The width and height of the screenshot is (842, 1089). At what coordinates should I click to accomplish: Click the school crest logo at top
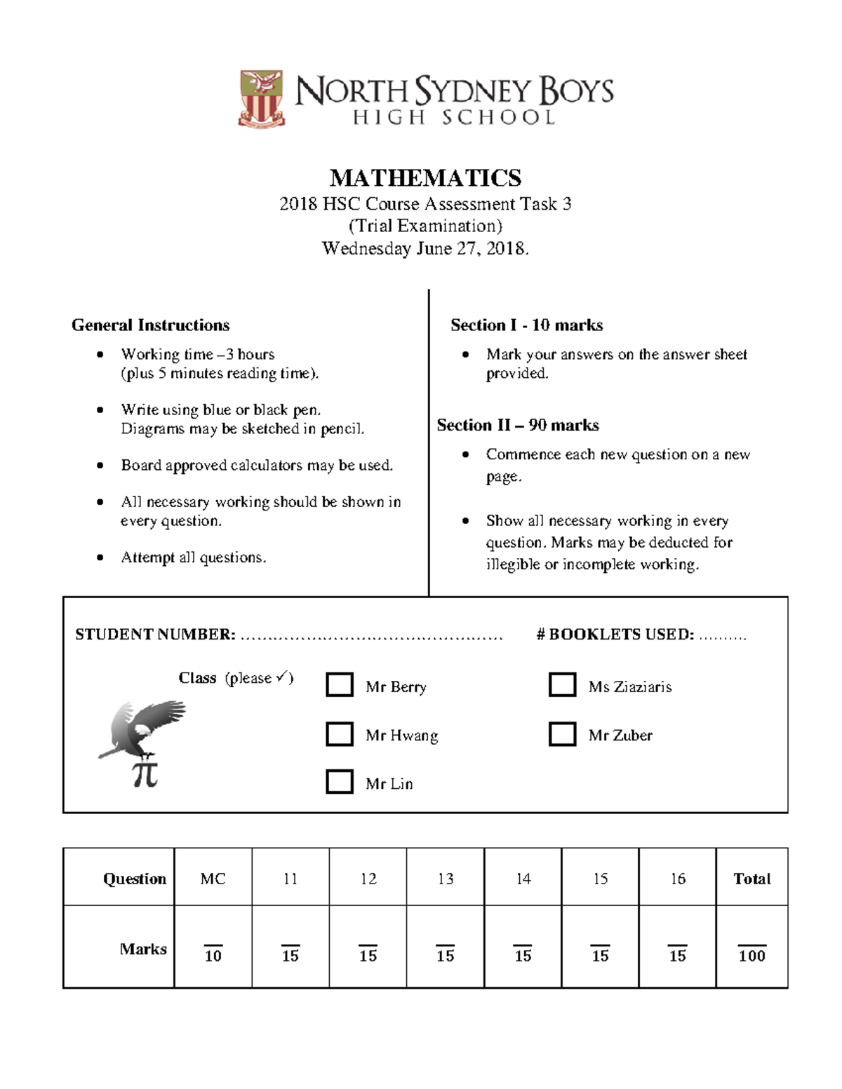pos(262,98)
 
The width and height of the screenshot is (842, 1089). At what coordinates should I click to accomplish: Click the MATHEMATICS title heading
pos(425,178)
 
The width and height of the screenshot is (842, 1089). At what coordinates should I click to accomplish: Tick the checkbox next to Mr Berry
pos(340,684)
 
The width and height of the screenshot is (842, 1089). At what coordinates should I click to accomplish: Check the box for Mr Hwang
pos(340,733)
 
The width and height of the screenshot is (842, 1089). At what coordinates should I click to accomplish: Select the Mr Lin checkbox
pos(340,781)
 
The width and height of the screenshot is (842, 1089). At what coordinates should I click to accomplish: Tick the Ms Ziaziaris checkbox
pos(562,684)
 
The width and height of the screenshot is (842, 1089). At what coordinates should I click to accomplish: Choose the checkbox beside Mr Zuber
pos(562,733)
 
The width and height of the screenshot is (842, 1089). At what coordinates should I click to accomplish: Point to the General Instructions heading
pos(150,325)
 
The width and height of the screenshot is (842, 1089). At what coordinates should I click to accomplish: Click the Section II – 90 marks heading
pos(518,426)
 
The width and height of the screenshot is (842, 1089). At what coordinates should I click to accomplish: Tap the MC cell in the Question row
pos(213,879)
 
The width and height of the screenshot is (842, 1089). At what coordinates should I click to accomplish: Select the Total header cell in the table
pos(751,879)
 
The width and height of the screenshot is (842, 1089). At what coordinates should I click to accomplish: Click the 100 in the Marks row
pos(751,955)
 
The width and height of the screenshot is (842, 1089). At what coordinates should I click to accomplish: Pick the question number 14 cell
pos(523,879)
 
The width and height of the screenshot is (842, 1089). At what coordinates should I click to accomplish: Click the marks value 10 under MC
pos(213,955)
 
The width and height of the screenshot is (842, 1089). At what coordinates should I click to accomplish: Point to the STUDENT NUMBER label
pos(155,635)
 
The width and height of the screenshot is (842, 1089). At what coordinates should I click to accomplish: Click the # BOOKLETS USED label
pos(615,635)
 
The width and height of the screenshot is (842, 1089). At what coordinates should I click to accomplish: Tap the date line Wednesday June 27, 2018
pos(425,248)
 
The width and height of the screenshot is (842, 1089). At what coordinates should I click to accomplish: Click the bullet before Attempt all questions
pos(101,557)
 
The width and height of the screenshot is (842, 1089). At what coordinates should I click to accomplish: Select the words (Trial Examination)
pos(425,226)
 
